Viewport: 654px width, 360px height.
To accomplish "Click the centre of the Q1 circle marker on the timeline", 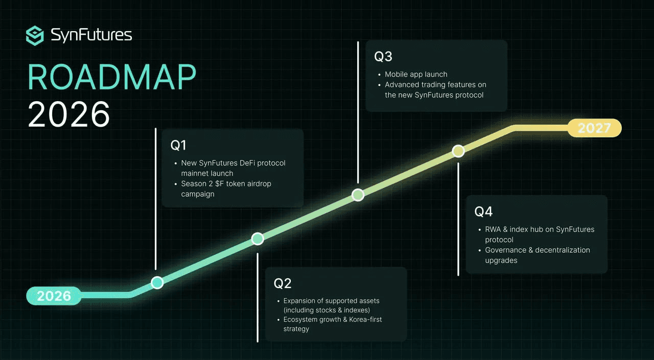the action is tap(157, 282).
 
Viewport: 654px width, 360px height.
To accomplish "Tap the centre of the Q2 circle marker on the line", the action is tap(258, 238).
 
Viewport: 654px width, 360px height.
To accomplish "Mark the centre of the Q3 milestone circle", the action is tap(358, 195).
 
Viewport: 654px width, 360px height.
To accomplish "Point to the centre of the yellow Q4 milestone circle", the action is tap(458, 151).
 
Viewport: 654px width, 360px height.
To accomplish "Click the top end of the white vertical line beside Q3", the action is tap(358, 42).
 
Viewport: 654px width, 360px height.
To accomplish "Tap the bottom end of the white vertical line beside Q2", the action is tap(258, 342).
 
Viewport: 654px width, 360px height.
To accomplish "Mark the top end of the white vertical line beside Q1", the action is tap(156, 128).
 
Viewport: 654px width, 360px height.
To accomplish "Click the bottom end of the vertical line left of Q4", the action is tap(458, 275).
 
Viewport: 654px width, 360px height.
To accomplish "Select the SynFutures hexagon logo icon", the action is tap(35, 36).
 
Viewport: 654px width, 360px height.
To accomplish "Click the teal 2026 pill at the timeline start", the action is tap(54, 296).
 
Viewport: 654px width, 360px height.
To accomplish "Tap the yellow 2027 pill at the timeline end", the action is tap(594, 128).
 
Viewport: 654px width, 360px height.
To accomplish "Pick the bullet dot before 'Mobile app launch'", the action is tap(379, 75).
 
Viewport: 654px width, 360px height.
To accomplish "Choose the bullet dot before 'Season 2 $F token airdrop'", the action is tap(175, 184).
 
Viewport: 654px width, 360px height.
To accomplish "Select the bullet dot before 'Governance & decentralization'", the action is tap(480, 251).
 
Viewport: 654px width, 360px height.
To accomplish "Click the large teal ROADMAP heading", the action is tap(112, 77).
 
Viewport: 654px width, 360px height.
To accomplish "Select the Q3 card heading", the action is tap(383, 56).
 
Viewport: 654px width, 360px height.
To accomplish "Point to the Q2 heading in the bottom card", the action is tap(283, 283).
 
